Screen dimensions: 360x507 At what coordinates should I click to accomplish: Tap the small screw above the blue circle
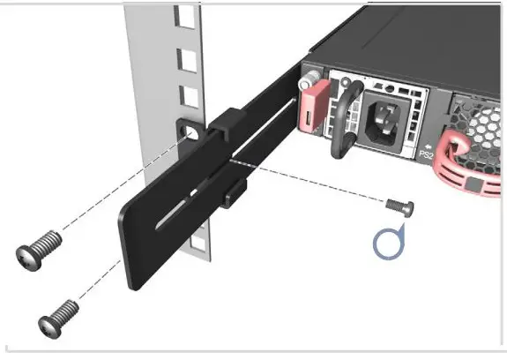399,206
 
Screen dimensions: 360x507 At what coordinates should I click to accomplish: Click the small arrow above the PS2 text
429,144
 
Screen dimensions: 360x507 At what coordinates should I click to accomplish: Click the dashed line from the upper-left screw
115,190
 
